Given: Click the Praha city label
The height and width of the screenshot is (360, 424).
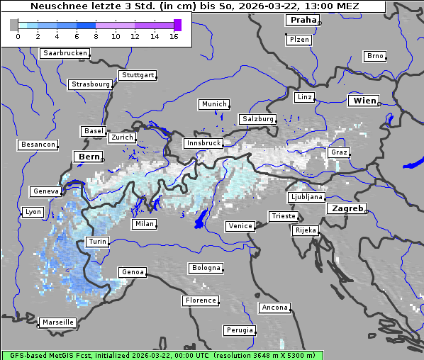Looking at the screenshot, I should point(303,20).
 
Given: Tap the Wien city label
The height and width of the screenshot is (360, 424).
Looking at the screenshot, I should point(365,101).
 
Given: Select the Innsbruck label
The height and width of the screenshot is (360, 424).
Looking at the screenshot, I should point(203,143).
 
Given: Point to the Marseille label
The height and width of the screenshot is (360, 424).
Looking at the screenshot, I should point(58,322).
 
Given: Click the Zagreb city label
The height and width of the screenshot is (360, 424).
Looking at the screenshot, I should point(347,208).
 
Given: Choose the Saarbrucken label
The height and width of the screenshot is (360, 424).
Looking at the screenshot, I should point(65,53).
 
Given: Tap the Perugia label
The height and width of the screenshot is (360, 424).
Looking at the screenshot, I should point(240,330).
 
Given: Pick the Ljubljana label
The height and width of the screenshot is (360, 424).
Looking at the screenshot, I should point(307,197).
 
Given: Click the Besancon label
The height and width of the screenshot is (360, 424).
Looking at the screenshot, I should point(38,145).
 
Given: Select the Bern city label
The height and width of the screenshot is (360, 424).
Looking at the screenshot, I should point(89,156).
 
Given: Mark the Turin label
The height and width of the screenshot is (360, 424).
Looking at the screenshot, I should point(98,242).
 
